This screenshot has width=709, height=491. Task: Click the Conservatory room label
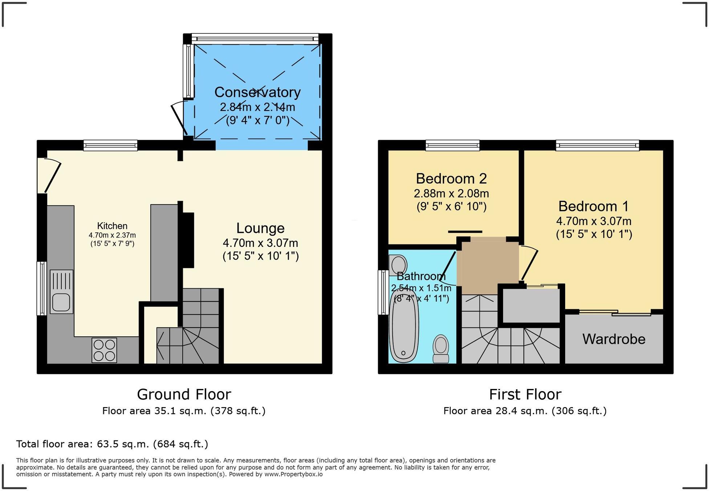coord(257,92)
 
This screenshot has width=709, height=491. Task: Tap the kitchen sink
coord(61,291)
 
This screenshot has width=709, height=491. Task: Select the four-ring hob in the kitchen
coord(104,350)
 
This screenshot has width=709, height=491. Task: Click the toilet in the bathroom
coord(441,348)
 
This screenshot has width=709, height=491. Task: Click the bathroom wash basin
coord(397,264)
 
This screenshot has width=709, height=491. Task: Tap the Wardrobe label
coord(614,339)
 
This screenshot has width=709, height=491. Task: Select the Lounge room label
coord(260,228)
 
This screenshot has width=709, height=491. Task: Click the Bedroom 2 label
coord(451,179)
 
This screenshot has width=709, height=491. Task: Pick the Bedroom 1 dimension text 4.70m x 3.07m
coord(594,221)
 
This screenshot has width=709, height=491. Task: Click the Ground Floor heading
coord(184,394)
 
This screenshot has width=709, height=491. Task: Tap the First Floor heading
coord(525,394)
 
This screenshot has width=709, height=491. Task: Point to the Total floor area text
coord(112,444)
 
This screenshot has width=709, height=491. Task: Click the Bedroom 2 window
coord(453,146)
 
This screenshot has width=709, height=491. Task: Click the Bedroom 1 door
coord(528,264)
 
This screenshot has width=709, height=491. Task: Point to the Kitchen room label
coord(112,226)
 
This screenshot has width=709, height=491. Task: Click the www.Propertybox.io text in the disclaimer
coord(293,474)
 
